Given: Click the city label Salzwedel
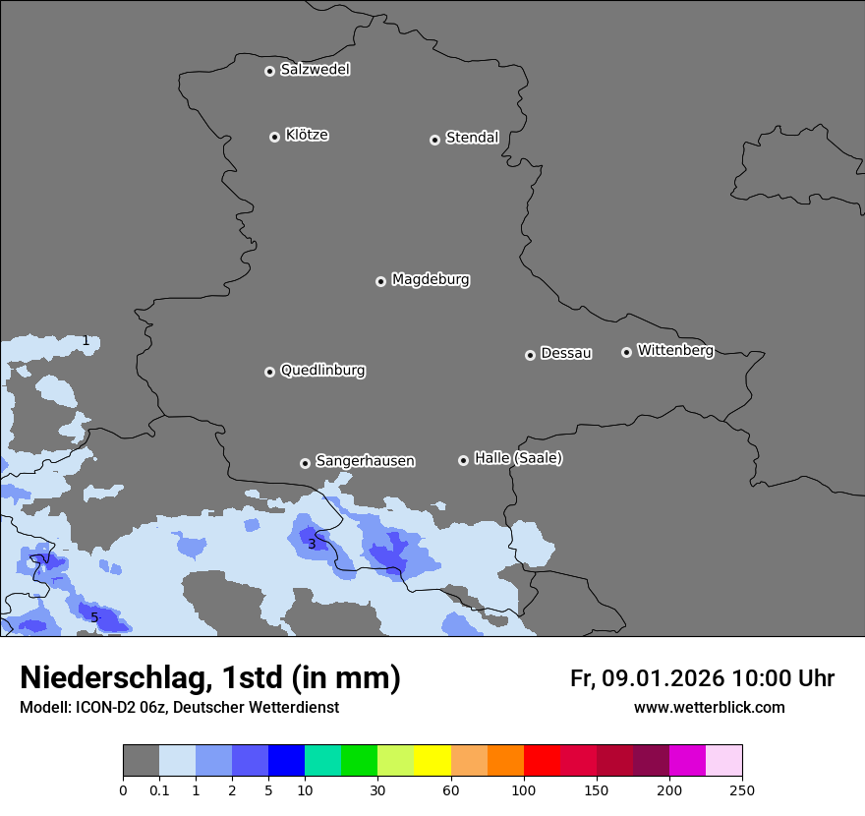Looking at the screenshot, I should tap(315, 70).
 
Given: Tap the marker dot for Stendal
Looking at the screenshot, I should tap(434, 140).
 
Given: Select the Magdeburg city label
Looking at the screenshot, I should tap(431, 280).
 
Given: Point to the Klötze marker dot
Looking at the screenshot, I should tap(274, 137).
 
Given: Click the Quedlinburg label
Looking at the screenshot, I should tap(322, 371).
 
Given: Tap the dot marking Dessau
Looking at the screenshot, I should tap(530, 355).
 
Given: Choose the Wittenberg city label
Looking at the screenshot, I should tap(675, 351).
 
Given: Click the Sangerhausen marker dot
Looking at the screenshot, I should tap(305, 463).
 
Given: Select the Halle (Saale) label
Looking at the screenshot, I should tap(518, 459).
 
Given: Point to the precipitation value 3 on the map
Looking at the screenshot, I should tap(312, 544).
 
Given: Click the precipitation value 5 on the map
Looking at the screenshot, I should tap(94, 617).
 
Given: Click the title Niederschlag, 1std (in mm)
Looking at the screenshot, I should tap(210, 677).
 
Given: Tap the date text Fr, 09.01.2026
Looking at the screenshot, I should tap(647, 678).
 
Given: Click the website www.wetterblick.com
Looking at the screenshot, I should tap(709, 708).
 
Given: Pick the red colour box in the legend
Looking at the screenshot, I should tap(542, 761).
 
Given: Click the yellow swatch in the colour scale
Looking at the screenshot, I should tap(432, 761).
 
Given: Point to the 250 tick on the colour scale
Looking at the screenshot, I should tap(742, 789).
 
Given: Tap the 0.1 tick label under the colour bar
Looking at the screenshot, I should tap(159, 789).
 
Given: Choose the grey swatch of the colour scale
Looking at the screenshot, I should tap(141, 761).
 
